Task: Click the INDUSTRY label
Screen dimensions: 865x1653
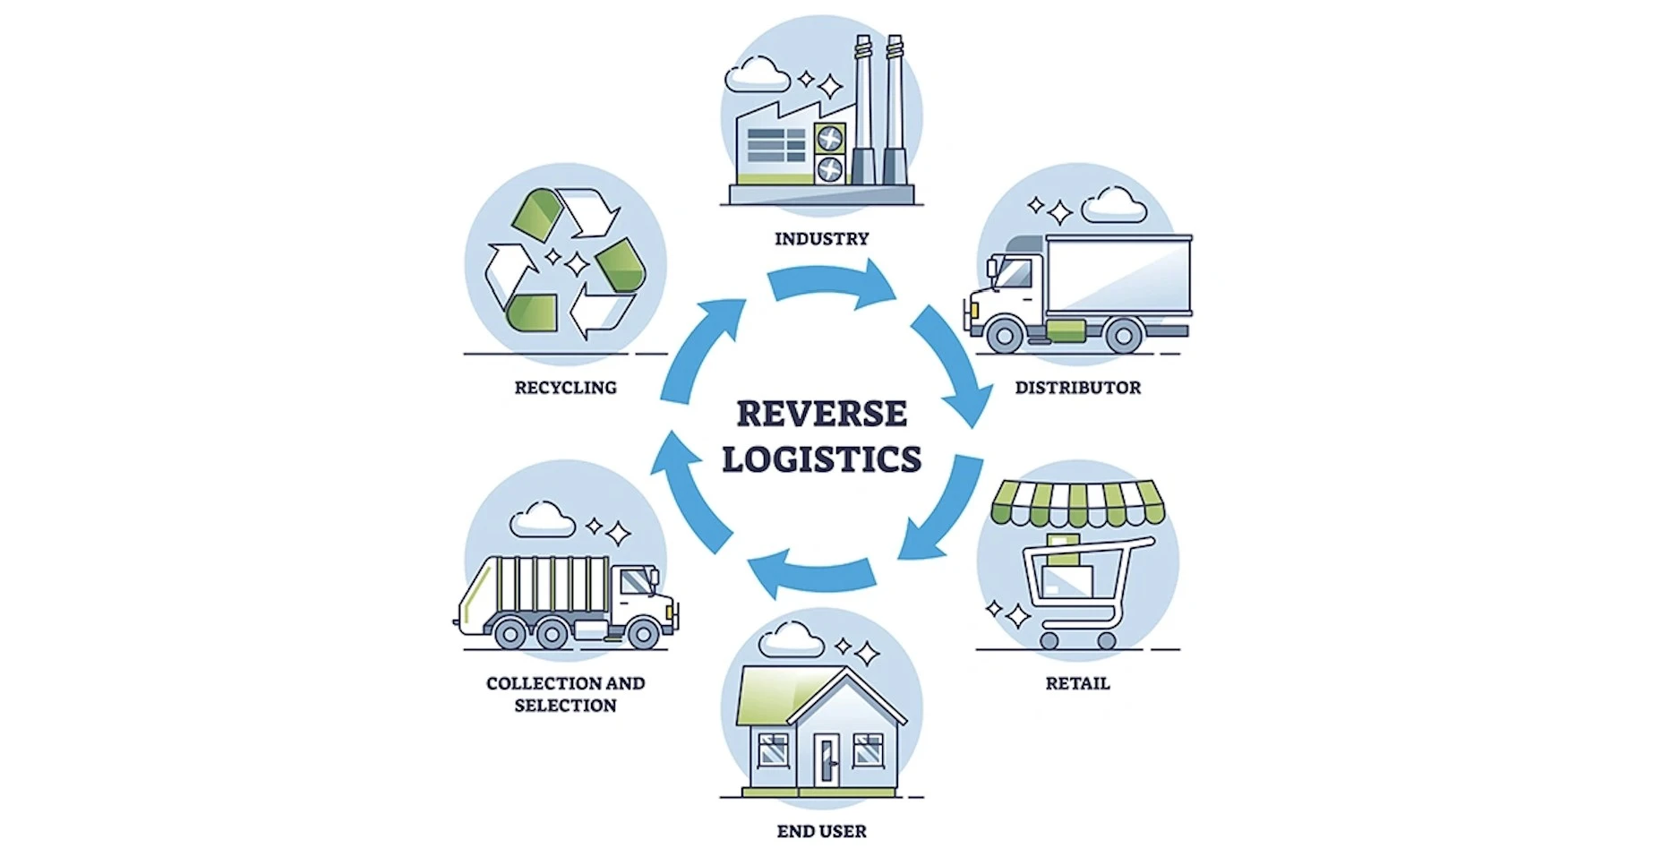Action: point(821,239)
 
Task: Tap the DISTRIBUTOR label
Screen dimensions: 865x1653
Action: point(1077,388)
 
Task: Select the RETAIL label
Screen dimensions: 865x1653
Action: point(1077,683)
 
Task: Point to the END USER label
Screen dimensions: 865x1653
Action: point(821,832)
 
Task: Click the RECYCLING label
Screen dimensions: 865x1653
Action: point(565,388)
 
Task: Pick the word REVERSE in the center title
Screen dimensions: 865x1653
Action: point(821,414)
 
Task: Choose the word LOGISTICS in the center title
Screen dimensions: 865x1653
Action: point(821,459)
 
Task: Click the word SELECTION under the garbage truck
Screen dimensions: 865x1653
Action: point(565,706)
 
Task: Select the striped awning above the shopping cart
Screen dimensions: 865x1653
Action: point(1077,502)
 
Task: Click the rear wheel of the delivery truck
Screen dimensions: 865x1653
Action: point(1122,336)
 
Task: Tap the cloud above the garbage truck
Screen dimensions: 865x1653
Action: point(542,519)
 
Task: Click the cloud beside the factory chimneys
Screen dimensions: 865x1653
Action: point(757,74)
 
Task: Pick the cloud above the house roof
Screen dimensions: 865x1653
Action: point(791,638)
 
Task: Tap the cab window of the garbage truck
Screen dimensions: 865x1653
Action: point(637,583)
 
